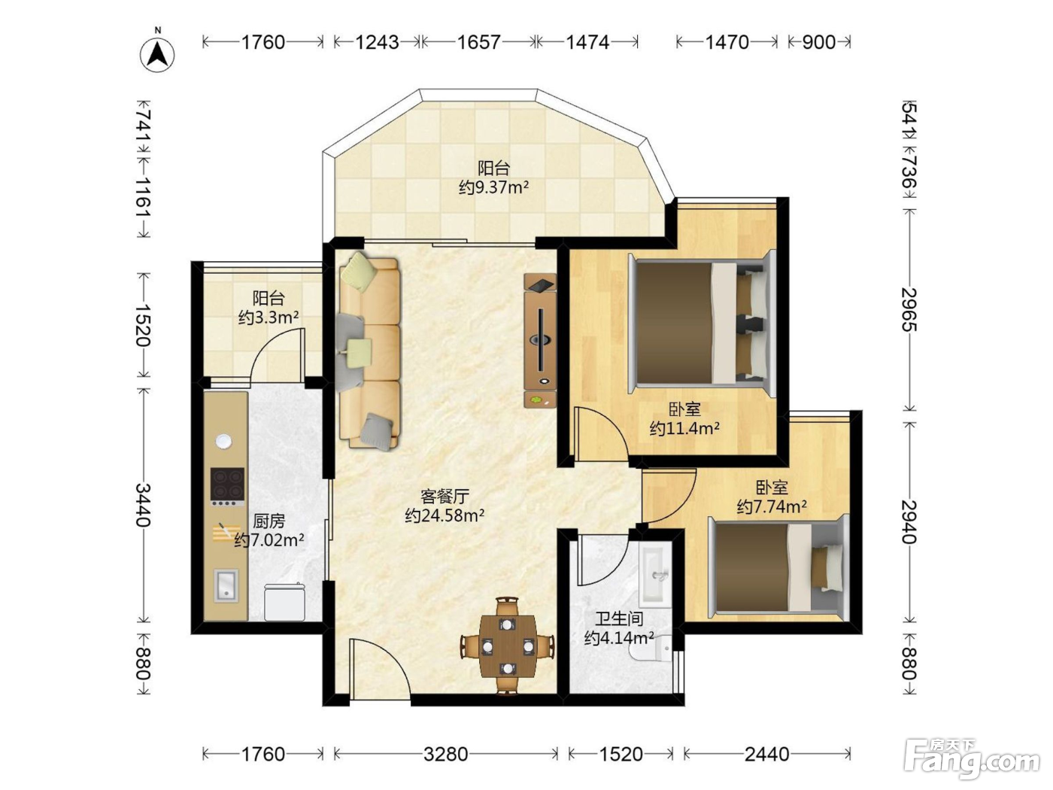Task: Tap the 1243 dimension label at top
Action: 377,43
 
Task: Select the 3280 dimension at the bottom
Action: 446,755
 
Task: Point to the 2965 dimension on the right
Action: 909,310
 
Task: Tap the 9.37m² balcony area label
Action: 493,187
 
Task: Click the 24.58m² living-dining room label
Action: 445,515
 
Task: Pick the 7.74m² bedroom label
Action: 772,506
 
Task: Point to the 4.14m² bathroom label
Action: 619,638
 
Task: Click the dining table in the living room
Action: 508,645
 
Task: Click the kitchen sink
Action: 226,585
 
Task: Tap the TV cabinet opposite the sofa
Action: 541,341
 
